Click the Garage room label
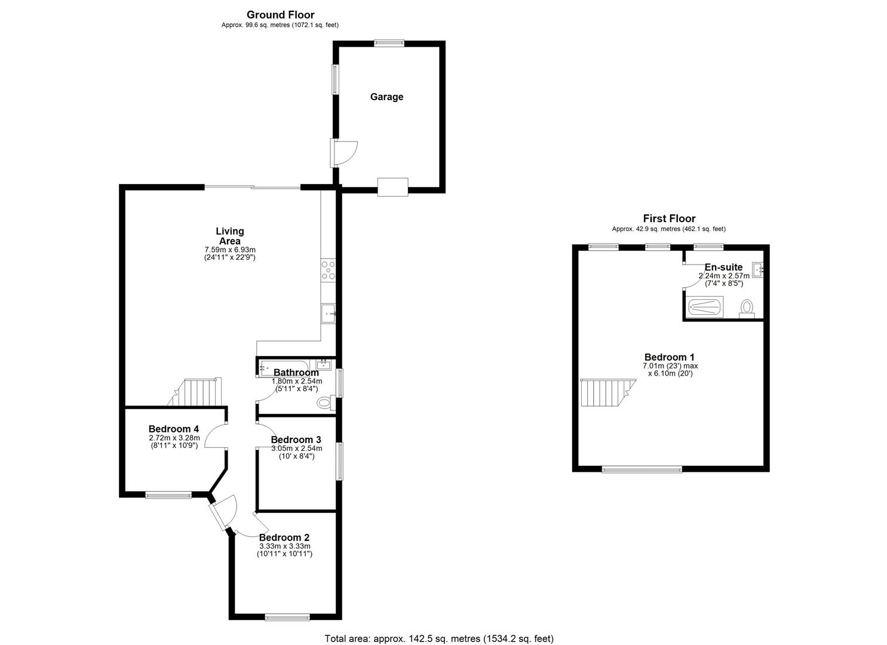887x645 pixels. tap(386, 97)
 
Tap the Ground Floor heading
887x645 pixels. tap(280, 15)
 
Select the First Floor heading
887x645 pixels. tap(668, 219)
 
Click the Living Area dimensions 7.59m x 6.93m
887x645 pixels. tap(230, 250)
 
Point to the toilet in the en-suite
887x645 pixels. tap(747, 308)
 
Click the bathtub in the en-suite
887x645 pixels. tap(705, 308)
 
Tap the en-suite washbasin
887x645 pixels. tap(757, 270)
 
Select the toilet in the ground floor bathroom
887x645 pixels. tap(326, 403)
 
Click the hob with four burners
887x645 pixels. tap(329, 270)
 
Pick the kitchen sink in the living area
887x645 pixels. tap(329, 313)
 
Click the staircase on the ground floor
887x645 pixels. tap(199, 392)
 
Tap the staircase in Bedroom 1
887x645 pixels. tap(602, 392)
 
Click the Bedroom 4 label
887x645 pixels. tap(173, 429)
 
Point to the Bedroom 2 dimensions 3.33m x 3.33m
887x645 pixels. tap(284, 546)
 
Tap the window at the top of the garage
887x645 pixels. tap(389, 42)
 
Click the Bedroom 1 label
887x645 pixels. tap(669, 357)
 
